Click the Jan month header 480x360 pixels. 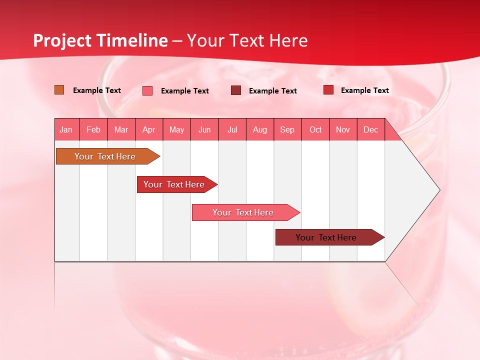66,129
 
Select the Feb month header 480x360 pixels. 93,129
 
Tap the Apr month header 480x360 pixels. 149,129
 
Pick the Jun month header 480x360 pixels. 204,129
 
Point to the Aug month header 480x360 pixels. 260,129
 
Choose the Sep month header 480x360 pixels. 287,129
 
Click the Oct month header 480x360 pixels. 315,129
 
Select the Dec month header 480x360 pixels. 371,129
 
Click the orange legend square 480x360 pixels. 59,90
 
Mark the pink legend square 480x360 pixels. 147,90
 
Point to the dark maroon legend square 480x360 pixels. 236,90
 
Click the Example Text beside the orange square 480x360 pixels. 97,90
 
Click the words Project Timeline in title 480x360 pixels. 100,40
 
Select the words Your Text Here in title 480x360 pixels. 247,40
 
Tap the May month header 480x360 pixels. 176,129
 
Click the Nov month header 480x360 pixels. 343,129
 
